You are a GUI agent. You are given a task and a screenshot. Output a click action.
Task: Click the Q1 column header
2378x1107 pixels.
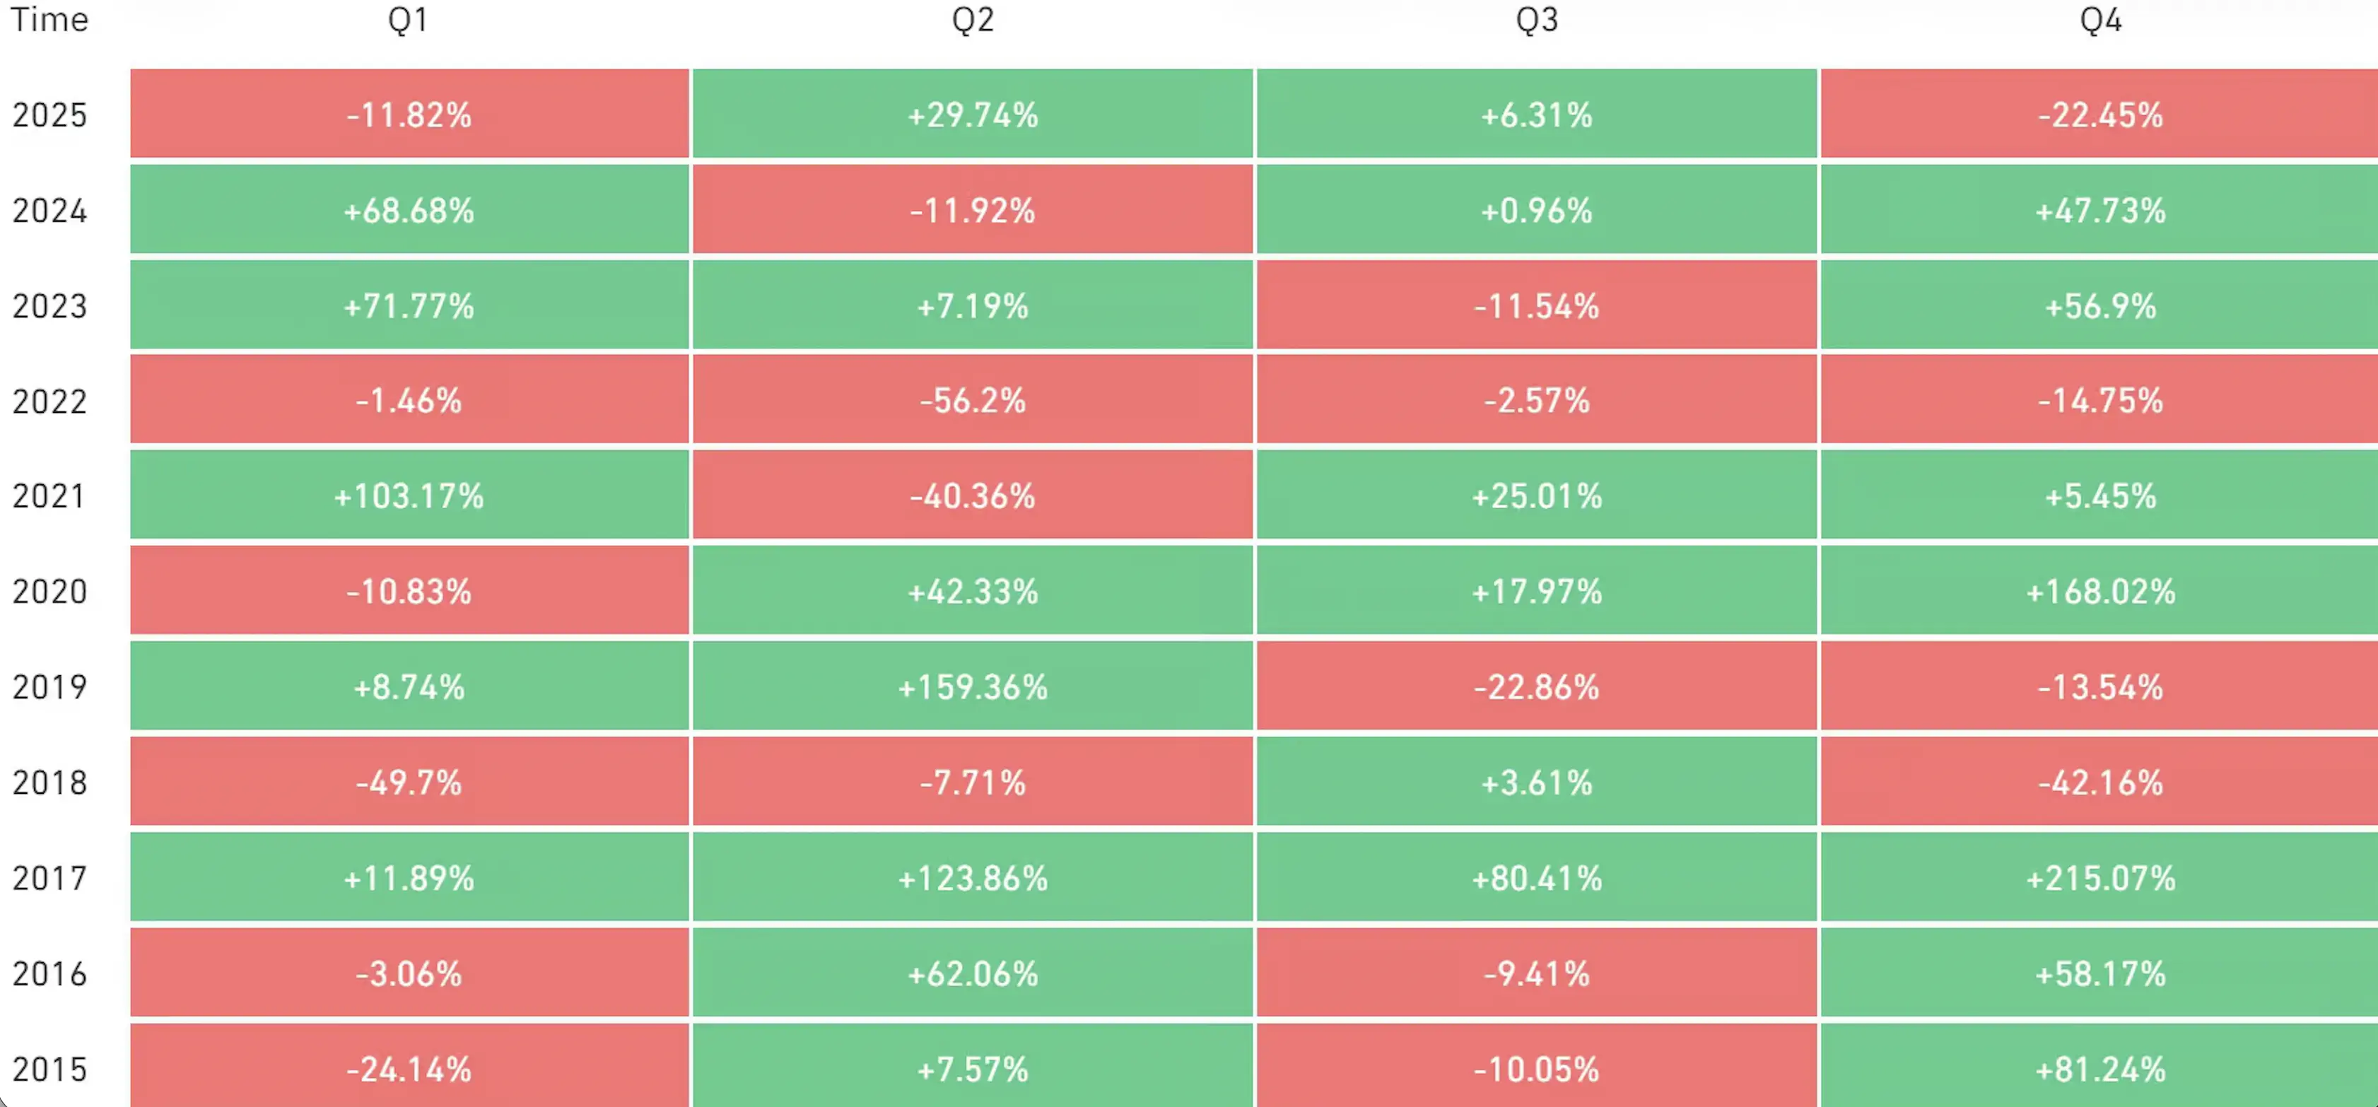(408, 19)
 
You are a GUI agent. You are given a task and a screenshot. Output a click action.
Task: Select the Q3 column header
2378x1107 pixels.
(1536, 19)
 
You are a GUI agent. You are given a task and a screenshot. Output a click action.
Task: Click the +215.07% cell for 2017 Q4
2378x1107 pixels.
(2100, 878)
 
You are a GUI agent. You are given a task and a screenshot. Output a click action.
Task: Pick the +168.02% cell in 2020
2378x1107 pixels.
(2100, 592)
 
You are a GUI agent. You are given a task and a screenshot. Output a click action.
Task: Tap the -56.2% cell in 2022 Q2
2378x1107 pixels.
(972, 401)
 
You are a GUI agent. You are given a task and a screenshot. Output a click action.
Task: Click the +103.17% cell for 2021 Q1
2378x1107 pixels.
(408, 496)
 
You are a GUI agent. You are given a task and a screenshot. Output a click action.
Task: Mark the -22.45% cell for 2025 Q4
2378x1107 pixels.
(2100, 115)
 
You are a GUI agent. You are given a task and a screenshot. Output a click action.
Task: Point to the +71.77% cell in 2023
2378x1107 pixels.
(408, 305)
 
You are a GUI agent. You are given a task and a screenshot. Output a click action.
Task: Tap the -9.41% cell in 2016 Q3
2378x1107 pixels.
(1536, 973)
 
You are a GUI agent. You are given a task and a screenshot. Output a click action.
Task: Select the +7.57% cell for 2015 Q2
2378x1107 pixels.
(972, 1069)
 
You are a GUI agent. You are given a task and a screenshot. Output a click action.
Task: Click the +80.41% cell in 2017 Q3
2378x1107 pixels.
(1536, 878)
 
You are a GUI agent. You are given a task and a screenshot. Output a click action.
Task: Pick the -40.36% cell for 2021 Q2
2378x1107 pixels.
(972, 496)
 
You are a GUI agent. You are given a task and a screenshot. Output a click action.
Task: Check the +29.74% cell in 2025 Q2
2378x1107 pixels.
(972, 115)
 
